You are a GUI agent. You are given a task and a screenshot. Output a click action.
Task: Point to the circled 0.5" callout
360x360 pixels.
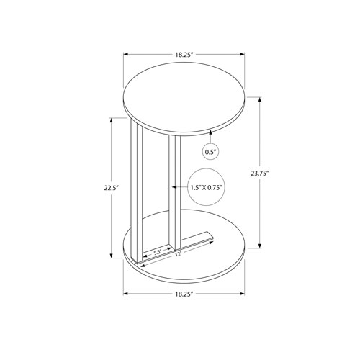211,152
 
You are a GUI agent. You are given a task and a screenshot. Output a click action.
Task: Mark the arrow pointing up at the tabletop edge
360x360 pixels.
211,133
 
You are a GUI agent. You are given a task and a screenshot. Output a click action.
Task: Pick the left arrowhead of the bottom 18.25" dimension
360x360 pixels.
126,294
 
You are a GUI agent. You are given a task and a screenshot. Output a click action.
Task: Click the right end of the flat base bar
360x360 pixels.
211,235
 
